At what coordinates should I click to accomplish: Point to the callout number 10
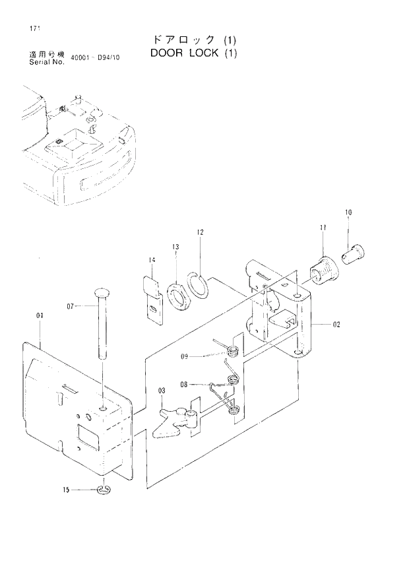[348, 212]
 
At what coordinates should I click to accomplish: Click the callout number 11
[323, 228]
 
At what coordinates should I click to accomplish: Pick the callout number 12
[200, 232]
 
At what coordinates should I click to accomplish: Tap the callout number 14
[151, 261]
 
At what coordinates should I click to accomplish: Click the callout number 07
[71, 305]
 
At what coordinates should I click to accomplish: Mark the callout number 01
[40, 316]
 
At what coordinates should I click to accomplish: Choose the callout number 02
[336, 325]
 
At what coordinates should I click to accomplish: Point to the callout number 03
[160, 392]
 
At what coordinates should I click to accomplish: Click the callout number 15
[66, 490]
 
